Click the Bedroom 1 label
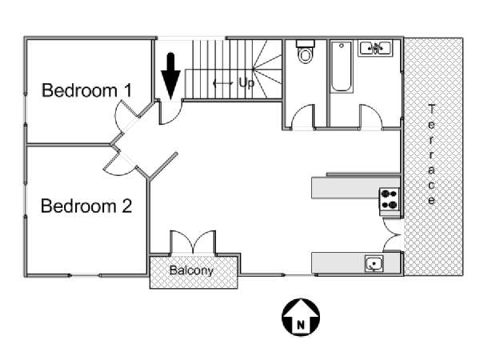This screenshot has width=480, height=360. point(86,90)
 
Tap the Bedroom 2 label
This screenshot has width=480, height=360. point(86,206)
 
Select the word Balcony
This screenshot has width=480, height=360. point(192,270)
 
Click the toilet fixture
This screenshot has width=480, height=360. point(305,53)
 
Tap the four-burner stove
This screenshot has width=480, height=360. point(389,198)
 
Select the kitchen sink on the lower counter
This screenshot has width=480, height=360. point(374,262)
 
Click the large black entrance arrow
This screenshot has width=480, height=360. point(170,75)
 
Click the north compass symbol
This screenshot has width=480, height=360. point(300,317)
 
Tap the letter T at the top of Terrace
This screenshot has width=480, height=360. point(431,109)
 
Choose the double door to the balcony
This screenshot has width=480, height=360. point(192,242)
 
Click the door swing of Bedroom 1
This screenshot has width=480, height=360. point(128,120)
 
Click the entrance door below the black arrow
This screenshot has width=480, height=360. point(169,112)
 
